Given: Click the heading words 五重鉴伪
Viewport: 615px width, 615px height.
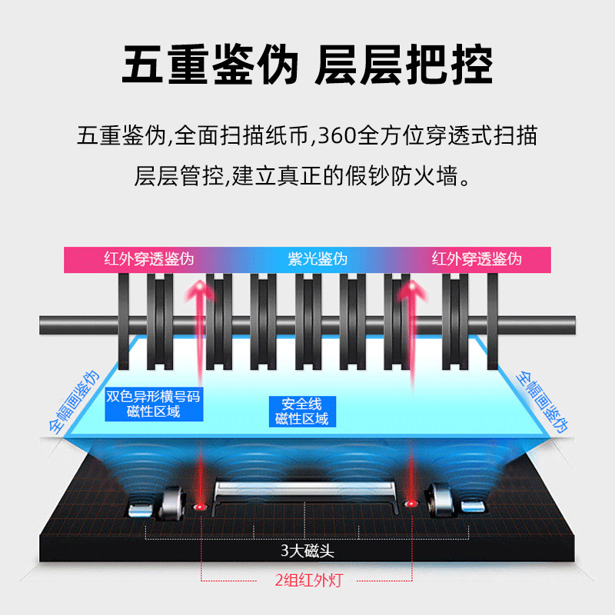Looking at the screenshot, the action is pos(209,65).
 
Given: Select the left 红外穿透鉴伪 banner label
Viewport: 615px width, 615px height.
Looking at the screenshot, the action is pos(149,259).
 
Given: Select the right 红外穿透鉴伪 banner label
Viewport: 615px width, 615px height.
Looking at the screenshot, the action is pos(477,259).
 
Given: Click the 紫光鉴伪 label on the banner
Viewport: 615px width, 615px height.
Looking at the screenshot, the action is pos(312,259).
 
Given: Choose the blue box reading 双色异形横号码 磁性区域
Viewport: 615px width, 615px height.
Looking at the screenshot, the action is pos(154,404).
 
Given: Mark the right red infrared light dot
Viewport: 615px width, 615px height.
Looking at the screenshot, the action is pos(411,504).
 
